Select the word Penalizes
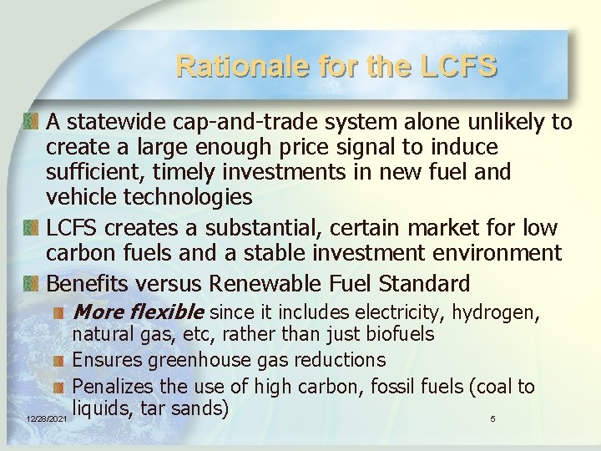pos(114,387)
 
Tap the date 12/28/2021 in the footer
pos(46,418)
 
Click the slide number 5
pos(492,418)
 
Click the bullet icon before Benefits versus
pos(32,283)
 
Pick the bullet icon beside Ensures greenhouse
pos(58,361)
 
